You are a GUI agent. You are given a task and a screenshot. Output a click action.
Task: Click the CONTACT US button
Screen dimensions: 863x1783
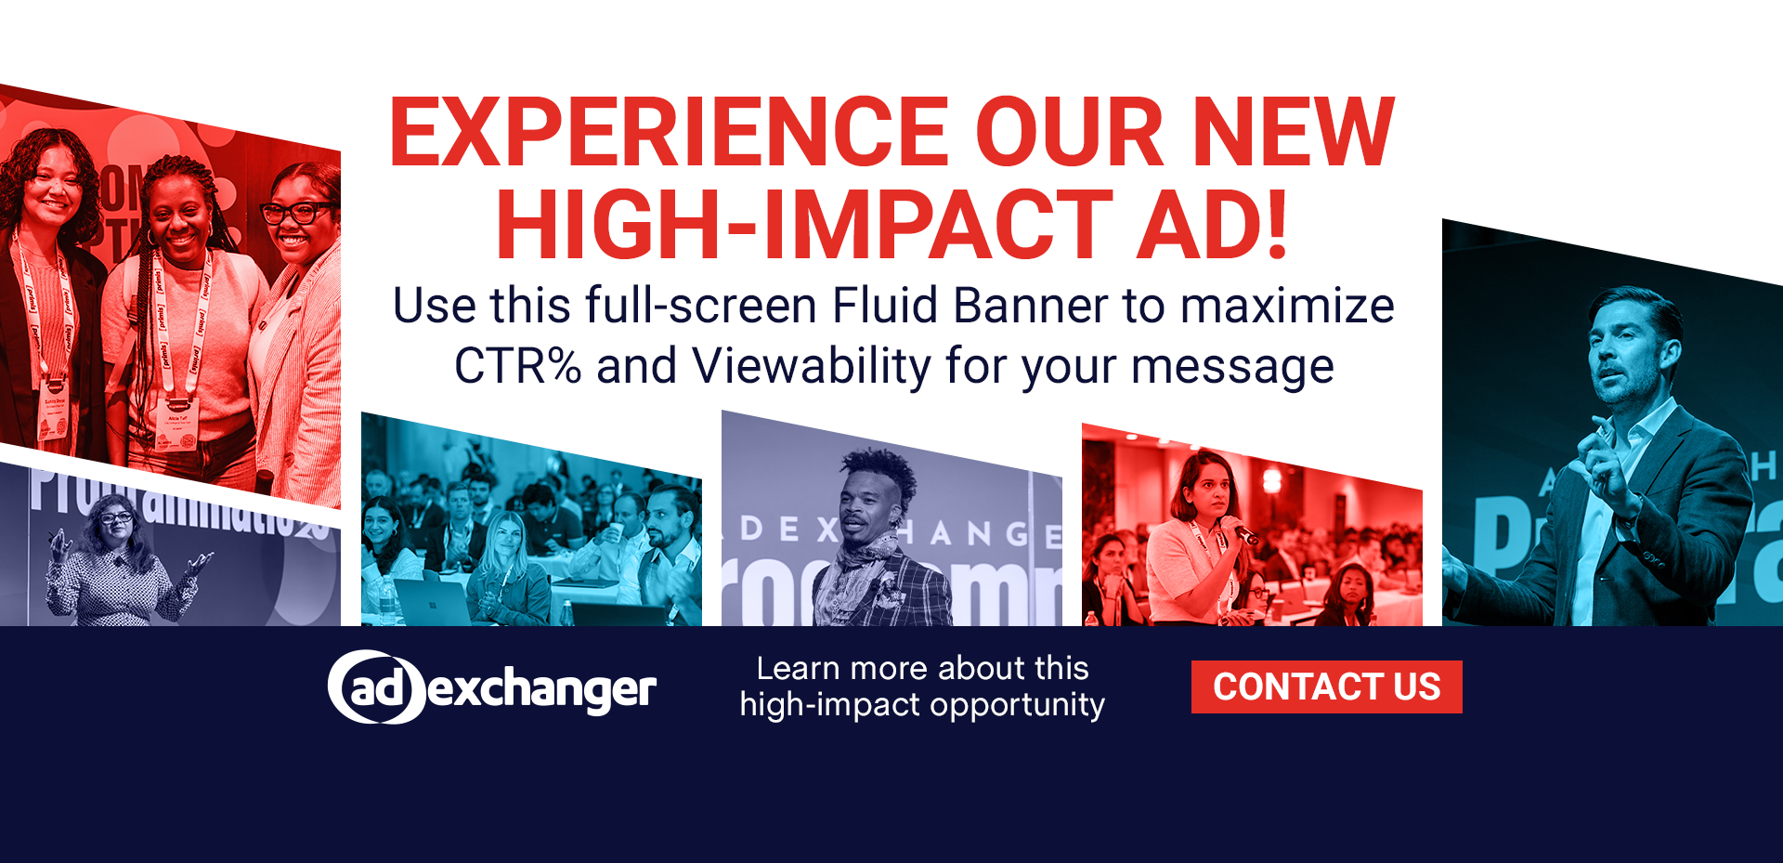coord(1326,687)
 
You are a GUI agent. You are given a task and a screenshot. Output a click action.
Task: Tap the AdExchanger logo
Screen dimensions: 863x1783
coord(492,687)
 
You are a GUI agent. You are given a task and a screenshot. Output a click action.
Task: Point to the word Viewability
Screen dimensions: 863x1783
coord(811,366)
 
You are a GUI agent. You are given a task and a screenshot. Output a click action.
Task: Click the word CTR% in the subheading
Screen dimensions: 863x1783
coord(517,366)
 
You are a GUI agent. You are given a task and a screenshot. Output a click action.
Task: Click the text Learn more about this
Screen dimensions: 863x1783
coord(922,668)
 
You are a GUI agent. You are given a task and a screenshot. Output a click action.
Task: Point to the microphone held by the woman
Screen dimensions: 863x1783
coord(1243,530)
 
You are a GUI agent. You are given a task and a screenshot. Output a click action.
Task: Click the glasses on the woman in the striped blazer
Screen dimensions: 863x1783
coord(298,213)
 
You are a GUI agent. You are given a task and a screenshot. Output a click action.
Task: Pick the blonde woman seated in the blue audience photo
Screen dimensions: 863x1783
coord(505,568)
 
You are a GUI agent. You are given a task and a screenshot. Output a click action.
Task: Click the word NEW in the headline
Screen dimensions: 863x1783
coord(1293,133)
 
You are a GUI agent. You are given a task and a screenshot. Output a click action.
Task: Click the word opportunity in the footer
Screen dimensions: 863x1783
coord(1017,705)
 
